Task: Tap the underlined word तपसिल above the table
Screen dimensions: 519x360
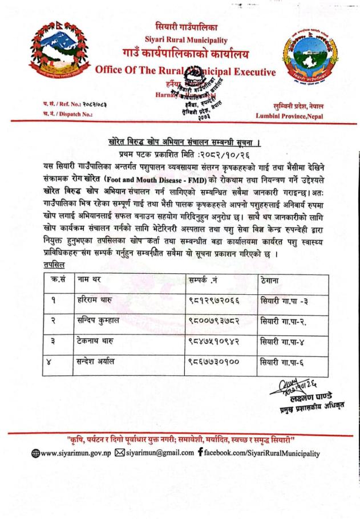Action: coord(54,265)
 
